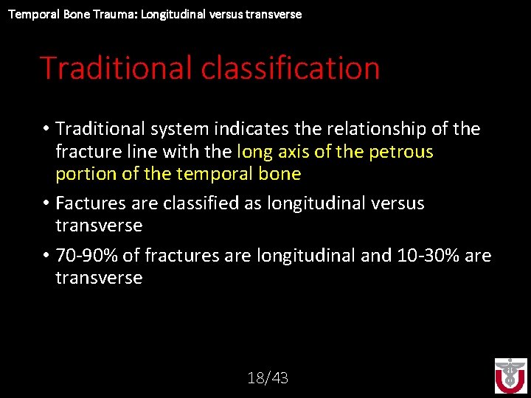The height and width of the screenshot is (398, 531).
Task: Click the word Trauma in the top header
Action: (108, 14)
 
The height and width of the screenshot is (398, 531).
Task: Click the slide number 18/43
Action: (268, 378)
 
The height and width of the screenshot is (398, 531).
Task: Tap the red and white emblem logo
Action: (510, 376)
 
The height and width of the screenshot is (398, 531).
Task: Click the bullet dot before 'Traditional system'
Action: (46, 130)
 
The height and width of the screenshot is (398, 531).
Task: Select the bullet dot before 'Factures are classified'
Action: (46, 203)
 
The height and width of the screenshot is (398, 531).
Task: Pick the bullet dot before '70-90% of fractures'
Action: (46, 256)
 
